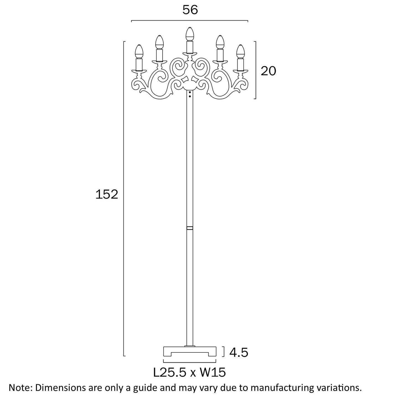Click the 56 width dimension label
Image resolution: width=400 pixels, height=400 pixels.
tap(190, 11)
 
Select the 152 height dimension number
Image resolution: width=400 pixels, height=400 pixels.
tap(107, 194)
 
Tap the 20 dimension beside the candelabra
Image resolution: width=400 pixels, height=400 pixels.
tap(268, 71)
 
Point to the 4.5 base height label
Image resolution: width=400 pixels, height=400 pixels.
tap(239, 353)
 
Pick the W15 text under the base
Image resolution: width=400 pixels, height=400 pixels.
tap(213, 373)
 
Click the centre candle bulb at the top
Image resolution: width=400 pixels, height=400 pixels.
tap(189, 34)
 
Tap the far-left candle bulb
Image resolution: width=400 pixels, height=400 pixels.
tap(138, 52)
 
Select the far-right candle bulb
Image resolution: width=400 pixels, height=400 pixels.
tap(241, 52)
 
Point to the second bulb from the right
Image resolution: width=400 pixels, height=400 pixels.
tap(220, 42)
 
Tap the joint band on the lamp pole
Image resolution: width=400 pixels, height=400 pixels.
tap(190, 228)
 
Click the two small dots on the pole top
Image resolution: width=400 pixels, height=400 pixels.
tap(190, 94)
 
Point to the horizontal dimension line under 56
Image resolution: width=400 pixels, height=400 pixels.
tap(190, 21)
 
